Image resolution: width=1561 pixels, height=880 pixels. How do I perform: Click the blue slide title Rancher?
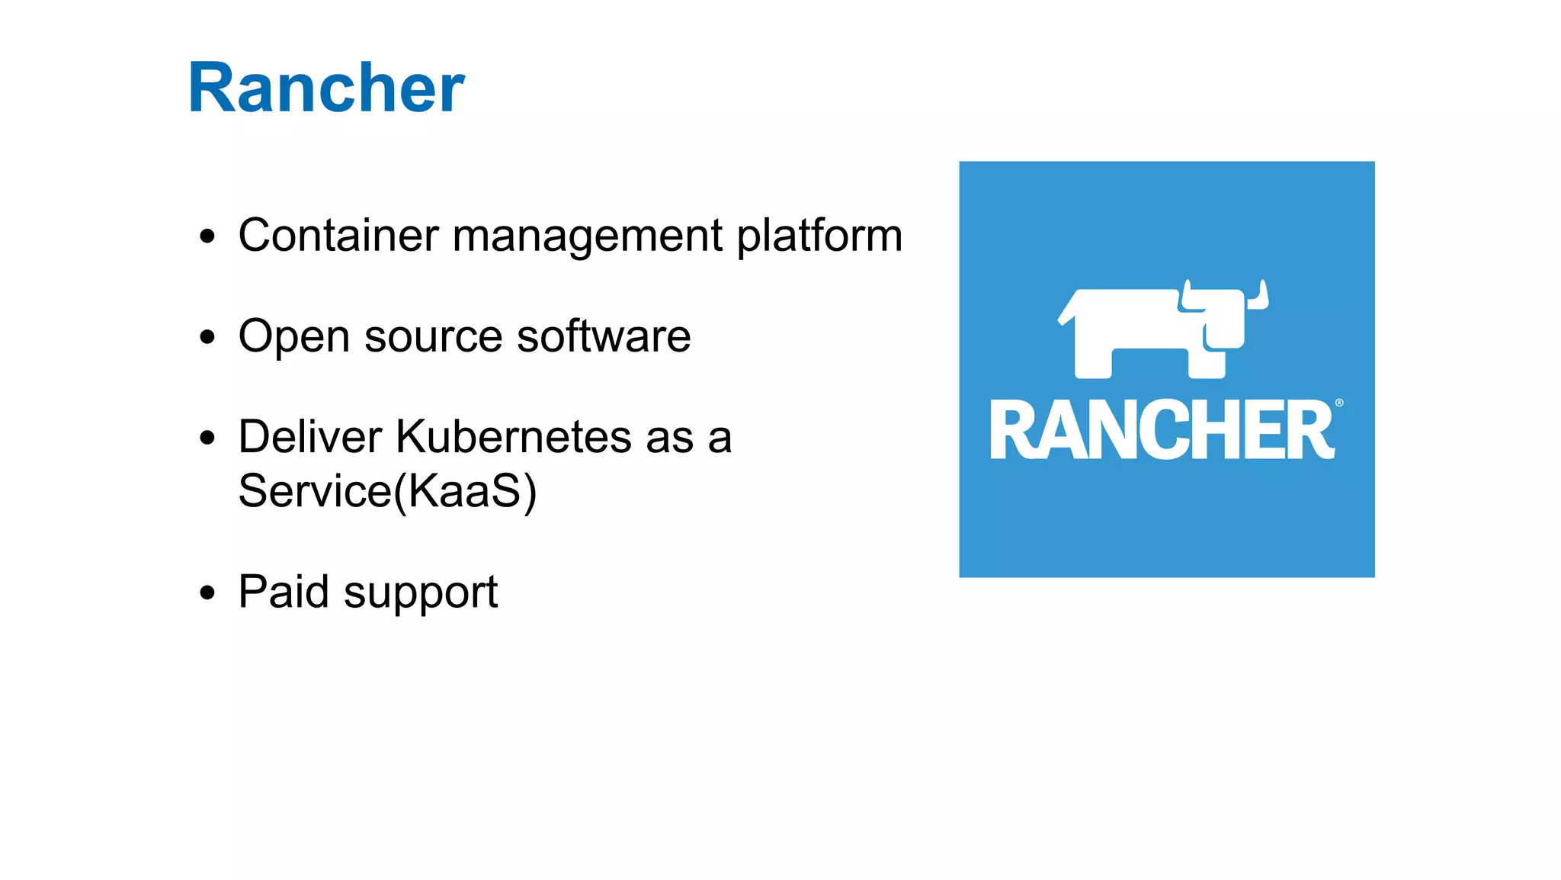tap(326, 88)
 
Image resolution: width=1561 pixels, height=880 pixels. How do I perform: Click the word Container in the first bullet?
tap(338, 235)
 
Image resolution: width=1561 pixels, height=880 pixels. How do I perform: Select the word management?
tap(587, 236)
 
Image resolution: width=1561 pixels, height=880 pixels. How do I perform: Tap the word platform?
tap(819, 236)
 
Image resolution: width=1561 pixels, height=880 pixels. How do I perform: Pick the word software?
tap(604, 336)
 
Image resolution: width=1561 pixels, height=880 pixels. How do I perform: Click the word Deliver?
tap(309, 436)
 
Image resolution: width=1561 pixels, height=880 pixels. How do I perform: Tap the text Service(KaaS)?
tap(387, 490)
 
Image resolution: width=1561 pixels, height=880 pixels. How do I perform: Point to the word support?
tap(421, 594)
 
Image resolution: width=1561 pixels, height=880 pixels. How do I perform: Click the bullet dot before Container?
tap(207, 236)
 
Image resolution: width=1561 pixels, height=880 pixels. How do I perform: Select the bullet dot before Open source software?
tap(207, 337)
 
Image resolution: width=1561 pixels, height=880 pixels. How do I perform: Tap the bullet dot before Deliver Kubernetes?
tap(207, 438)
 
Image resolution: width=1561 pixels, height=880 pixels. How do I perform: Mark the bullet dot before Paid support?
tap(207, 593)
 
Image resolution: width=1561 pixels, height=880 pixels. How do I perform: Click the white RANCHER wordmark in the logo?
tap(1162, 430)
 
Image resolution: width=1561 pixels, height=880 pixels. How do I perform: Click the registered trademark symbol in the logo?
tap(1339, 403)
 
